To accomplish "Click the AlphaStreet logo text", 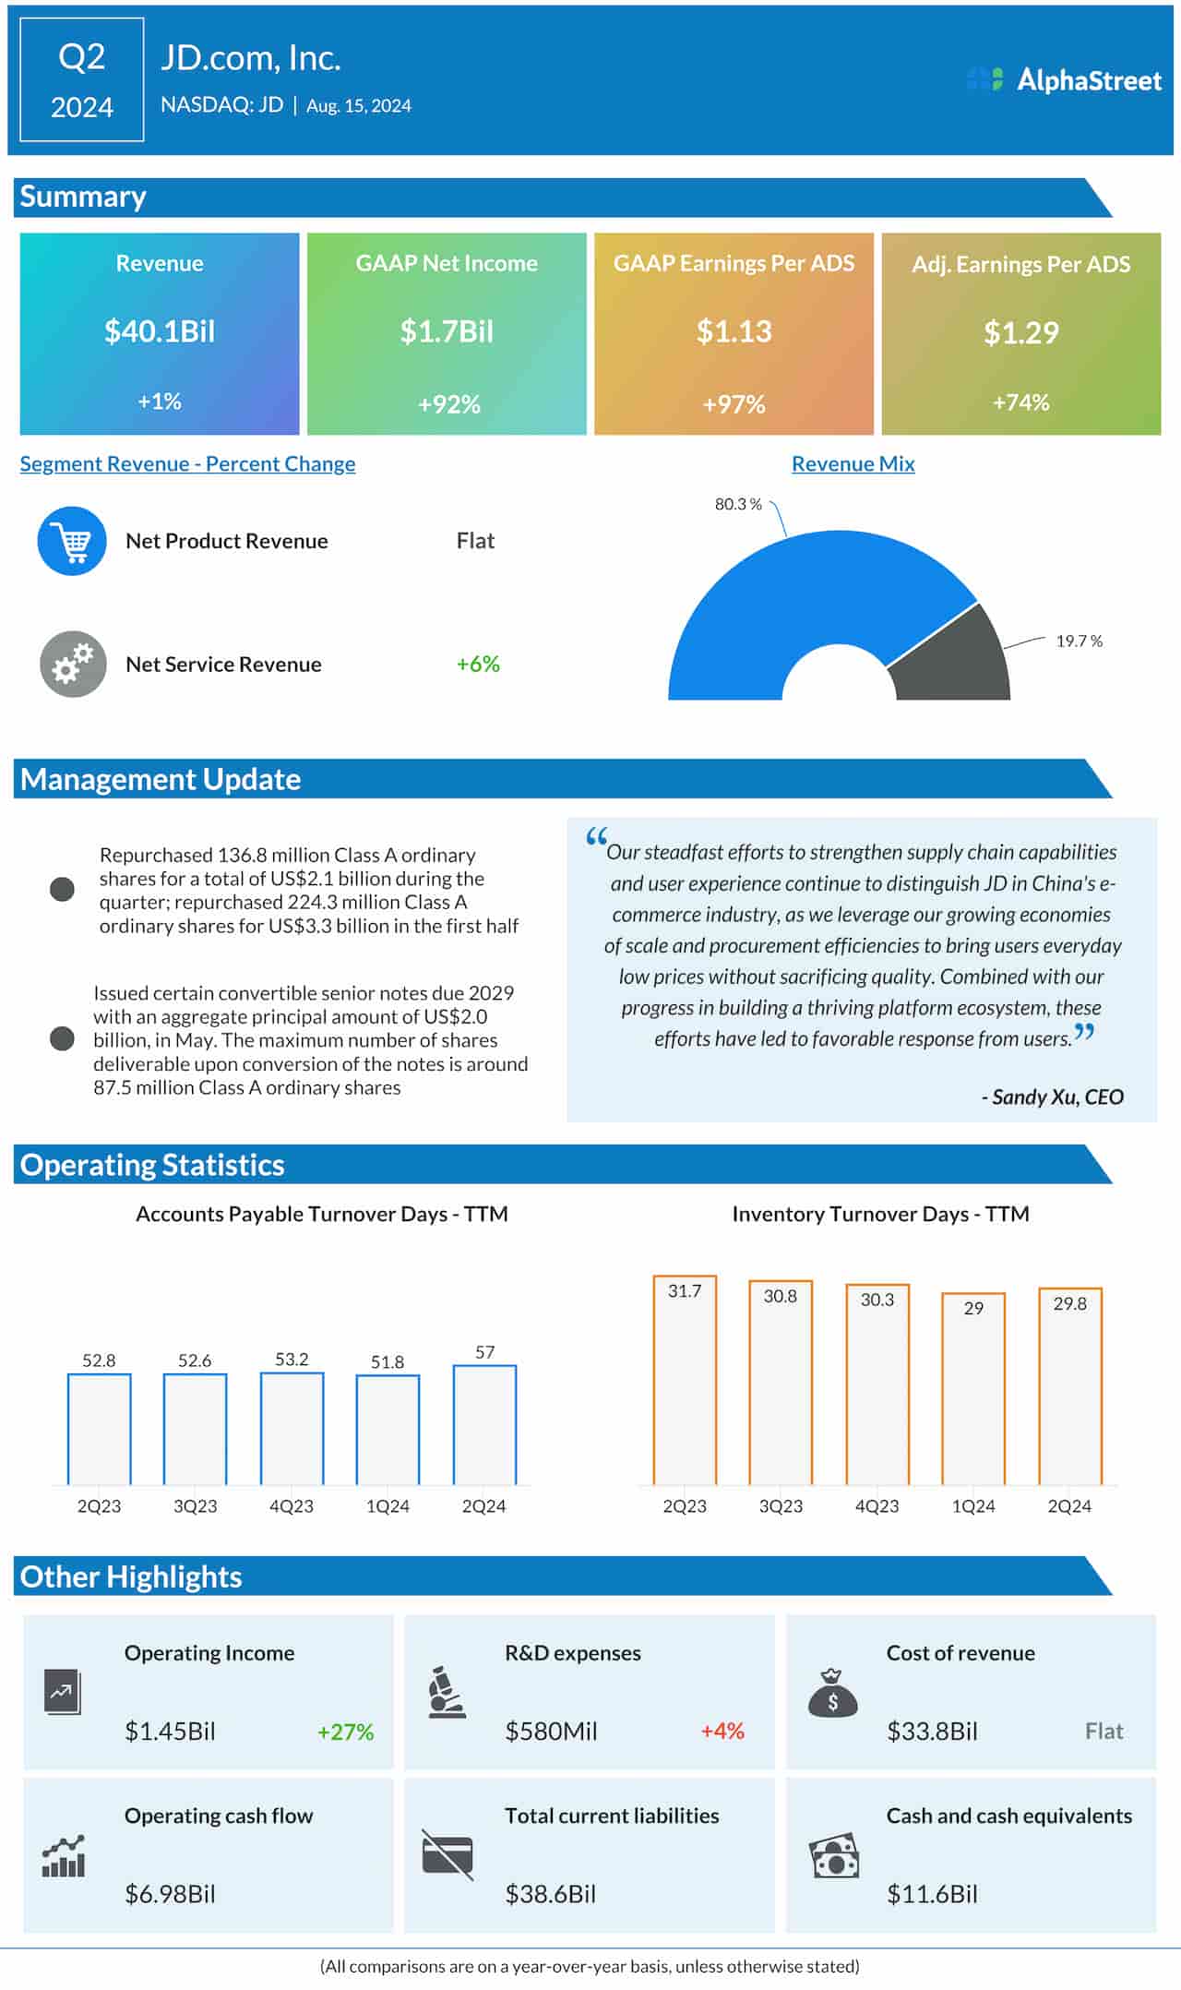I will tap(1088, 80).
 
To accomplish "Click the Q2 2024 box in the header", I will tap(82, 80).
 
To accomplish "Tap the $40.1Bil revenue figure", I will tap(160, 331).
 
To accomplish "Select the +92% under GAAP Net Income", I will tap(448, 404).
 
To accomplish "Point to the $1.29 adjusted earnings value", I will tap(1020, 332).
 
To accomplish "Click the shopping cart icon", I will tap(72, 542).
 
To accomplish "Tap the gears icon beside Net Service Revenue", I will tap(72, 664).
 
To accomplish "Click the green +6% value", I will tap(478, 664).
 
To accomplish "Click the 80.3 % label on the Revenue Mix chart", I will tap(738, 504).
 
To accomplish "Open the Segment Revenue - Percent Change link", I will tap(187, 463).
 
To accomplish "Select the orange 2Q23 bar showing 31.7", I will tap(685, 1380).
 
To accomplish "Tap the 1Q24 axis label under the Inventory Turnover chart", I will tap(973, 1505).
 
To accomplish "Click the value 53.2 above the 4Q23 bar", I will tap(292, 1359).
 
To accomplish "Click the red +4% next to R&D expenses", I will tap(722, 1731).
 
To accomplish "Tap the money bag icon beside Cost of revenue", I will tap(832, 1693).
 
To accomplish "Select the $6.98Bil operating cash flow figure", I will tap(170, 1894).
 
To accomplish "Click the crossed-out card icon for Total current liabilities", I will tap(447, 1854).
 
